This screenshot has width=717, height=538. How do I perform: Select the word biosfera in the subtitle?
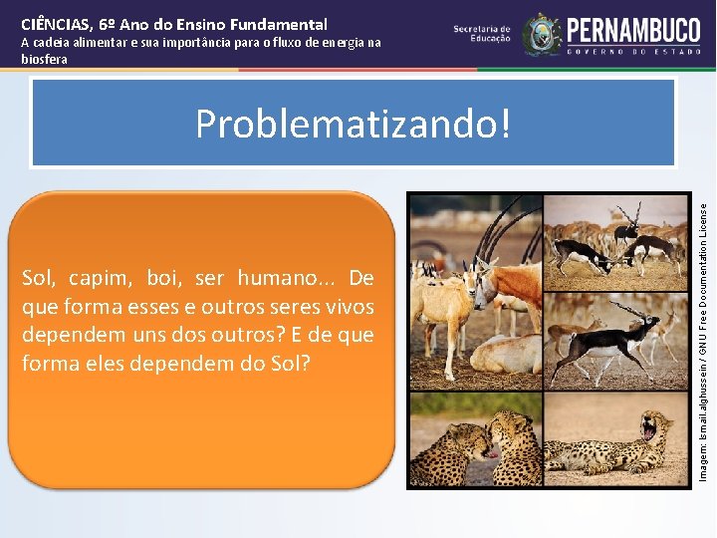[x=45, y=59]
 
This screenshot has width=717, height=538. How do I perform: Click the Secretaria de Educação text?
[x=482, y=34]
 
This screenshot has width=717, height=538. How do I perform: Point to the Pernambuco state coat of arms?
[x=542, y=34]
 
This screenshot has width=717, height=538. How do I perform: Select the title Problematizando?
[x=353, y=124]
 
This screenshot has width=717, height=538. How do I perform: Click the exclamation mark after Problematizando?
[x=503, y=124]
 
